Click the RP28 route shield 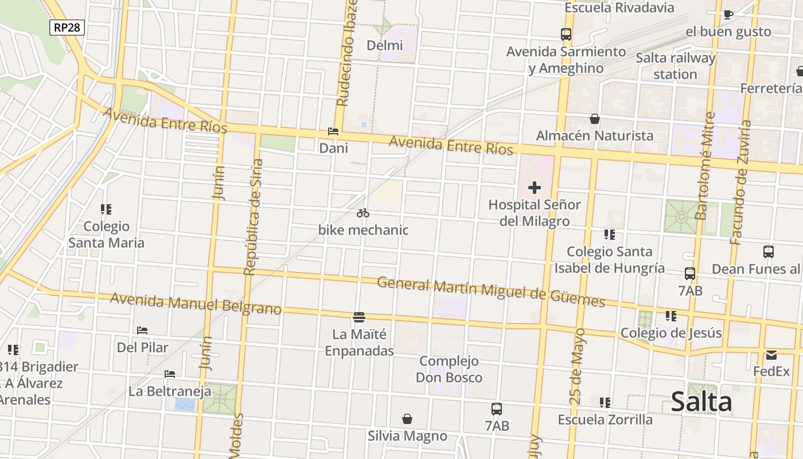point(67,27)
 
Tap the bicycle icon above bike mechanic point(362,213)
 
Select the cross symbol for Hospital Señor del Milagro point(535,188)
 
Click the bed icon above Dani point(333,131)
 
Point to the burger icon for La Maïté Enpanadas point(359,317)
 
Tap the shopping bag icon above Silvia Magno point(407,419)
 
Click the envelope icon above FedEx point(771,355)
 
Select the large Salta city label point(701,402)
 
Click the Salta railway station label point(675,66)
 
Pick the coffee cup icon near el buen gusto point(728,14)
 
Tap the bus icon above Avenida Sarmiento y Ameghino point(566,34)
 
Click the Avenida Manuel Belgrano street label point(196,304)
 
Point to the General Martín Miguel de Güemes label point(491,291)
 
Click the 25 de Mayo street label point(578,365)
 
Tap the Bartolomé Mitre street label point(704,166)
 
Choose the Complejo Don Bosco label point(449,369)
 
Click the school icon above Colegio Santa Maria point(106,209)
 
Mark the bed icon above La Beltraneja point(170,374)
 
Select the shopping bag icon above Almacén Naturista point(595,119)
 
